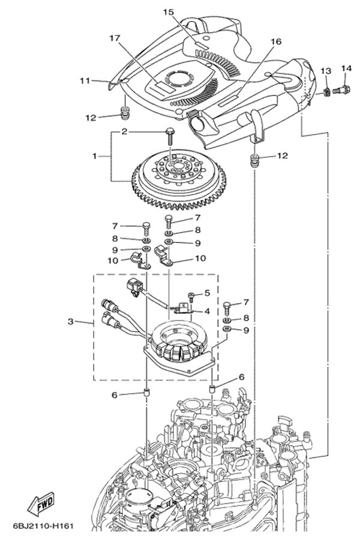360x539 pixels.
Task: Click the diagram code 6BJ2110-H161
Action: pos(44,526)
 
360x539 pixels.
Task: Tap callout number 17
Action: pos(115,38)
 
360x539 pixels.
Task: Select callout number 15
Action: pos(169,13)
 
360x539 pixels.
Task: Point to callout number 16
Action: pos(275,41)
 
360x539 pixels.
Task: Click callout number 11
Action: pos(85,81)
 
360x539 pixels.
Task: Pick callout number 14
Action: pos(346,69)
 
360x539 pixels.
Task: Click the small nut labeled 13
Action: pos(326,92)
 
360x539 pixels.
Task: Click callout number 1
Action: pos(94,157)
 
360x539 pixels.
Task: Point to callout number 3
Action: pos(70,322)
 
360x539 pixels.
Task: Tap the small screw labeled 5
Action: pos(191,297)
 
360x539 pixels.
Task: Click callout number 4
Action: pos(207,312)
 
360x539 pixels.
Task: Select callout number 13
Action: pos(326,71)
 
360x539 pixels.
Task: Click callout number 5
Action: pos(206,293)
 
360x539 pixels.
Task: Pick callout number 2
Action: pos(124,131)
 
